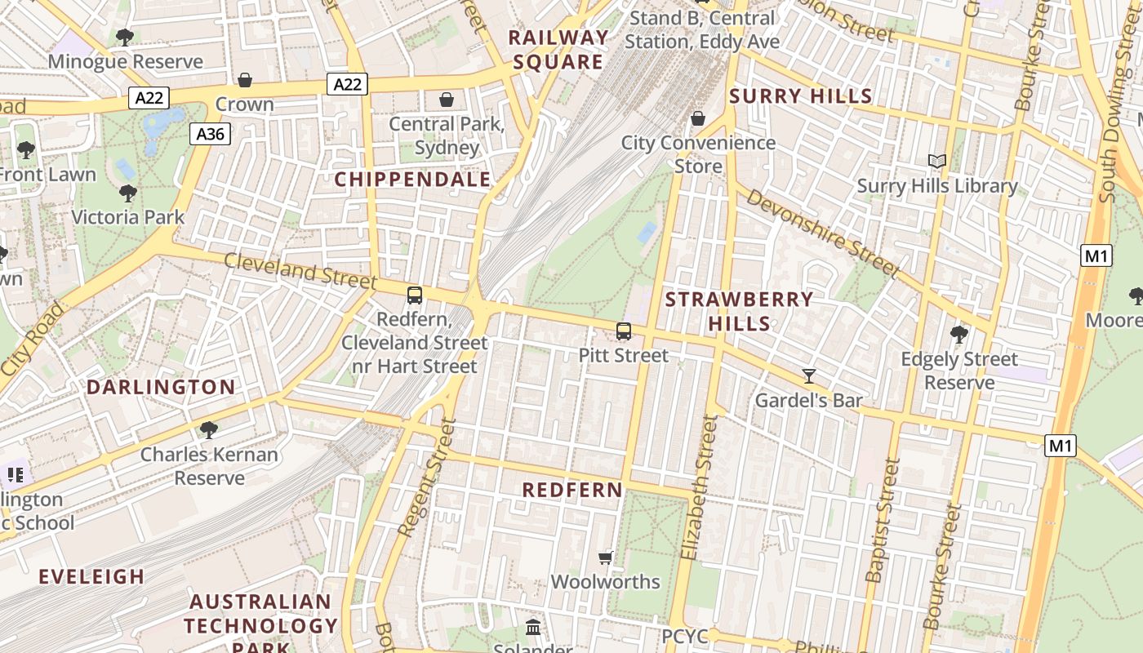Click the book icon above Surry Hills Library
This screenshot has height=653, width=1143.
click(x=937, y=162)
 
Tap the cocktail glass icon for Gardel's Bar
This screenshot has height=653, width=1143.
click(x=808, y=376)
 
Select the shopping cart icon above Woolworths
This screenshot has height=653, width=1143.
click(x=605, y=557)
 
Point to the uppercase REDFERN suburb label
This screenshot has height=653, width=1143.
click(x=572, y=490)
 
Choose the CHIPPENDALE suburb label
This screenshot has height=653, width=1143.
click(x=413, y=180)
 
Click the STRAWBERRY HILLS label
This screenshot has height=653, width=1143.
click(x=739, y=311)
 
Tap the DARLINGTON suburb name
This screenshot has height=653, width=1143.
click(x=161, y=387)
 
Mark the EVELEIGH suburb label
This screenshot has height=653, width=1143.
click(x=91, y=576)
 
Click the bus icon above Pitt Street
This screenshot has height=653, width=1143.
click(x=624, y=331)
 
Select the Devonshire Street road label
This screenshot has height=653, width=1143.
click(x=821, y=233)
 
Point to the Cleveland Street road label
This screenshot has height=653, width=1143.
click(x=300, y=271)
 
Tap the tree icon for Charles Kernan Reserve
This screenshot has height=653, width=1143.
click(x=209, y=429)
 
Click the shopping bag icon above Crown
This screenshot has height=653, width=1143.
click(x=244, y=80)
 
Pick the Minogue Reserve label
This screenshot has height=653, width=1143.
click(x=126, y=61)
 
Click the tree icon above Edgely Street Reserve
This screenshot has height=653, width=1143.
click(x=959, y=334)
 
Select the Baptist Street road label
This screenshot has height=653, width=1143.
click(x=883, y=520)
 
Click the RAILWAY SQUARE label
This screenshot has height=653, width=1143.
click(x=558, y=50)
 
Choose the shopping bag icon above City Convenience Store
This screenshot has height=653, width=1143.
click(x=698, y=119)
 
